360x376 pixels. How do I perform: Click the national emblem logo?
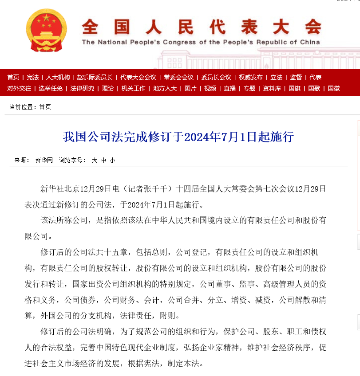pos(43,30)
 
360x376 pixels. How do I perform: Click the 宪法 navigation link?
pos(32,77)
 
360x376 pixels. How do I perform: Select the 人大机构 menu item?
pos(58,77)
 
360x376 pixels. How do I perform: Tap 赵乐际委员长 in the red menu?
pos(95,77)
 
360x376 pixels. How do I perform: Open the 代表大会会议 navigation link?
pos(138,77)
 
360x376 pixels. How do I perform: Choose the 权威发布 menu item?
pos(250,77)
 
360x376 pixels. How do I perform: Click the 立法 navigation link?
pos(276,77)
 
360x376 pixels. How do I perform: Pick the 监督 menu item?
pos(296,77)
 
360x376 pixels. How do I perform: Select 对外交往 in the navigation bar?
pos(19,88)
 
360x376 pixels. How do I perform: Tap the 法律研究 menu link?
pos(82,88)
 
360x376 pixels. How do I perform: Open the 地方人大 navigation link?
pos(165,88)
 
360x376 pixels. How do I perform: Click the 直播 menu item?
pos(229,88)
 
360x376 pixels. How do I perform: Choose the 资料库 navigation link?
pos(272,88)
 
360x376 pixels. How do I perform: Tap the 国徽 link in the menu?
pos(334,88)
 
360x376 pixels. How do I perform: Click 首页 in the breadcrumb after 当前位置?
pos(45,107)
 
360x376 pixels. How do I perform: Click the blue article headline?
pos(178,137)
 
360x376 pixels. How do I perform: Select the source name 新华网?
pos(44,160)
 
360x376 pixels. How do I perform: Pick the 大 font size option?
pos(95,160)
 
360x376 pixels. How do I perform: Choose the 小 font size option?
pos(112,160)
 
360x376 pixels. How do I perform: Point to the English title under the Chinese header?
pos(201,43)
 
